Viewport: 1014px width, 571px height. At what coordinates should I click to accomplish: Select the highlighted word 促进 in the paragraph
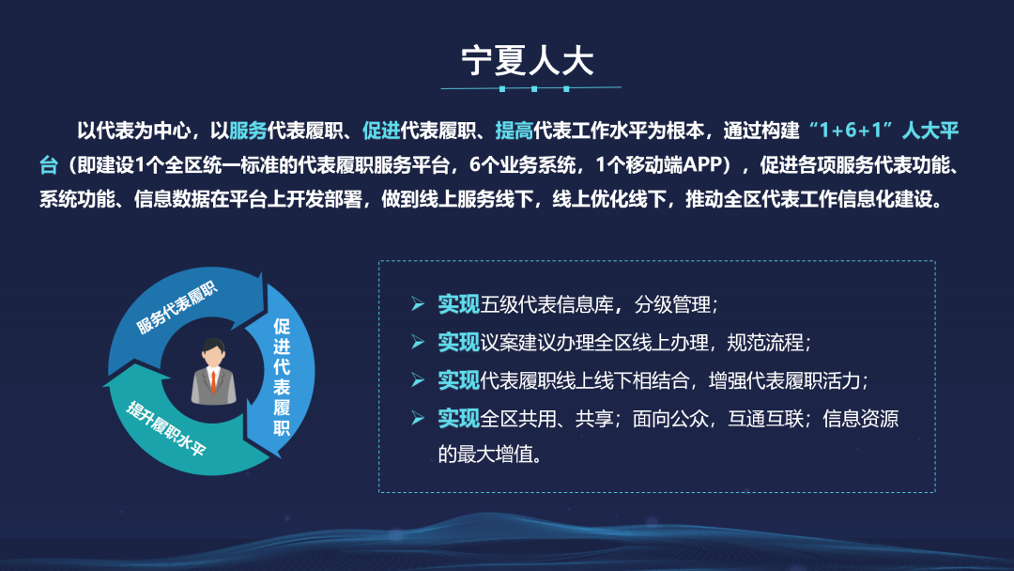(x=381, y=131)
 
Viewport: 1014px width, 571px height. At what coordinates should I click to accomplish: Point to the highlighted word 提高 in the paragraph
(x=513, y=131)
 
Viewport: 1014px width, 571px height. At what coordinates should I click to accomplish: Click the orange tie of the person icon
(x=214, y=381)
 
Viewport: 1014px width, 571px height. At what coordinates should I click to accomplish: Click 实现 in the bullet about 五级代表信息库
(x=458, y=304)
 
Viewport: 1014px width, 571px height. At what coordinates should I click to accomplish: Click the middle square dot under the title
(x=533, y=89)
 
